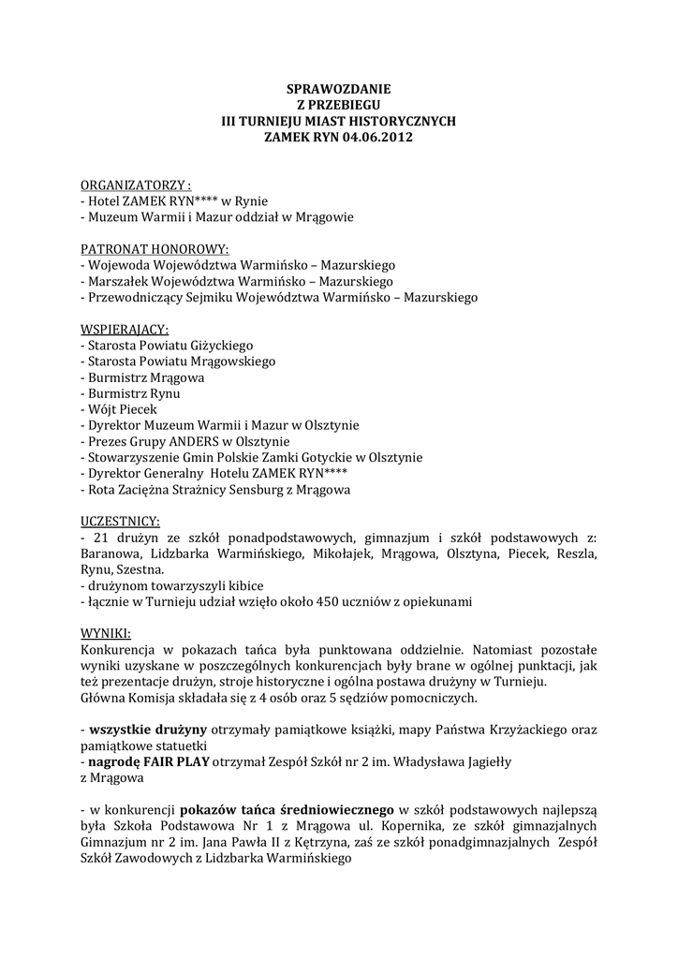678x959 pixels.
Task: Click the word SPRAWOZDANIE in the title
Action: [x=338, y=90]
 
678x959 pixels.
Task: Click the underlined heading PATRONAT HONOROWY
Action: [x=155, y=249]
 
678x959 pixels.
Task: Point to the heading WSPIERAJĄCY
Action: [x=125, y=329]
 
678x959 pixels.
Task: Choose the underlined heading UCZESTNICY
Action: [x=120, y=521]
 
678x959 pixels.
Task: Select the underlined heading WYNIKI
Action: [x=106, y=632]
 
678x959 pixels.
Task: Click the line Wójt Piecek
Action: [x=122, y=409]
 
